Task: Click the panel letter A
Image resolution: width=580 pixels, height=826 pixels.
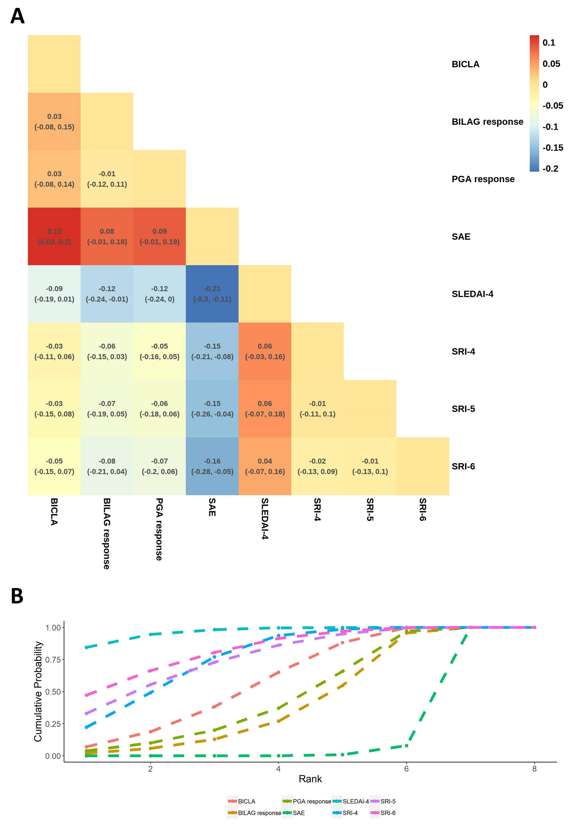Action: [17, 16]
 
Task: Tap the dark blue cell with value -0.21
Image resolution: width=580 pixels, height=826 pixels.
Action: [212, 294]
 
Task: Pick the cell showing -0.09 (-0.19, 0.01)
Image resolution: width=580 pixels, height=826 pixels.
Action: [54, 294]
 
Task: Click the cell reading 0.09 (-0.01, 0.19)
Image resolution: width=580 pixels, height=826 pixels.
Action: [159, 236]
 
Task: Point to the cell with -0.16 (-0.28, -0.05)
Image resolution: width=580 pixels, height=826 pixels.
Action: [212, 466]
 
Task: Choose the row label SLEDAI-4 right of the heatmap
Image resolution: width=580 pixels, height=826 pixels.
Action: [472, 294]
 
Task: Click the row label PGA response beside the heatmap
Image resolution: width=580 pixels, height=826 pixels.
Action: [483, 179]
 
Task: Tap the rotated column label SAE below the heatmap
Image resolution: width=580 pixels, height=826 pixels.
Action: [212, 507]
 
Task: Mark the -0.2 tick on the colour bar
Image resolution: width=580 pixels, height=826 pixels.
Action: [550, 169]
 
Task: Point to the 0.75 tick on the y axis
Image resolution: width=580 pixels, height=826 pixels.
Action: [53, 659]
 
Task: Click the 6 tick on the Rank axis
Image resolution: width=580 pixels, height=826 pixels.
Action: [406, 769]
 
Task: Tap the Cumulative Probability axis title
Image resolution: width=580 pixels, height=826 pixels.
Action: [38, 692]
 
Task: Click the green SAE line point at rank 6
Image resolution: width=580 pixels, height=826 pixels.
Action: [406, 746]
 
